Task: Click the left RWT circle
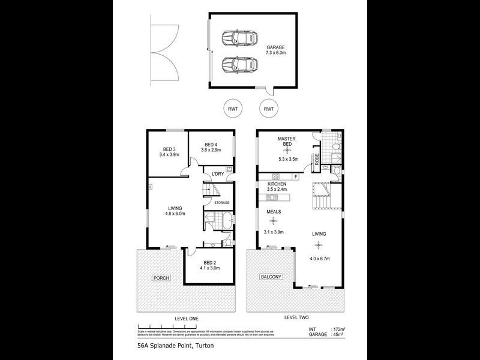click(232, 109)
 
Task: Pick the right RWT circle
click(269, 109)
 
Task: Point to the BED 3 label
click(169, 149)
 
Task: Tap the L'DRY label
click(218, 174)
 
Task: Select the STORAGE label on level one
click(221, 202)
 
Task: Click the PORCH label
click(160, 278)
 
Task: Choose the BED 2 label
click(210, 262)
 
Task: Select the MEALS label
click(274, 211)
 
